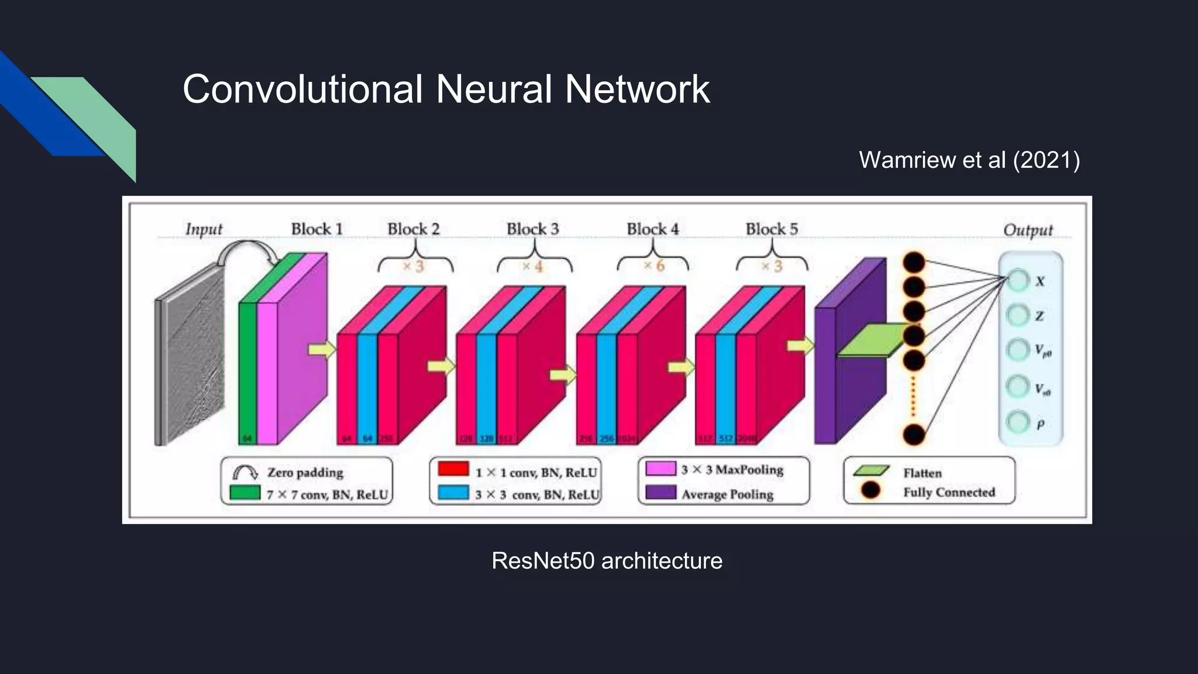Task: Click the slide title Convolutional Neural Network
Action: click(x=446, y=89)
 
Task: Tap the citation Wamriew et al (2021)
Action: click(x=969, y=160)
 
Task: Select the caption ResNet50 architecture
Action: click(x=607, y=560)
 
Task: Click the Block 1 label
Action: click(x=316, y=229)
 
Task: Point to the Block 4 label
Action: click(x=652, y=229)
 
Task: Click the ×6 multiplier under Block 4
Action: click(x=654, y=266)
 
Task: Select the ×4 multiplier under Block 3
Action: click(x=533, y=267)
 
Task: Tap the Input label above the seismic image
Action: click(x=204, y=229)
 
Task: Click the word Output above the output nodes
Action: click(x=1028, y=230)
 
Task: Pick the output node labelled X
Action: click(x=1018, y=280)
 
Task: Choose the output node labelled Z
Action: click(x=1018, y=315)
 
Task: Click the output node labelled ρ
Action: click(x=1018, y=421)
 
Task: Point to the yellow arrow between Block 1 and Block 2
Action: click(x=322, y=350)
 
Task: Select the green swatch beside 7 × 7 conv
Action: click(x=245, y=492)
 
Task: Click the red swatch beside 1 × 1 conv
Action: click(x=453, y=469)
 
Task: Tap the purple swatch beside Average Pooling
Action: click(x=661, y=492)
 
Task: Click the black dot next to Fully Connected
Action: click(x=870, y=490)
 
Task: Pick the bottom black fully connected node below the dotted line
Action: click(x=914, y=435)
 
